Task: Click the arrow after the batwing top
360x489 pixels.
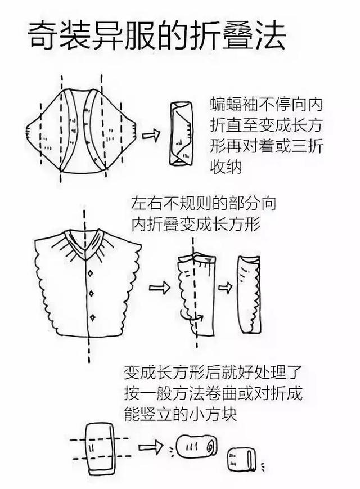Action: [x=151, y=135]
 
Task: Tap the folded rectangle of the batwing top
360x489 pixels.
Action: [x=181, y=134]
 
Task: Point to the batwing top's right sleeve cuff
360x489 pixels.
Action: [x=134, y=131]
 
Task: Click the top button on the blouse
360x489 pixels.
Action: [x=90, y=273]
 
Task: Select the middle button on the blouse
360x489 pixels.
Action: [x=91, y=294]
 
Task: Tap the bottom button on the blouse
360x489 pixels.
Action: [x=92, y=318]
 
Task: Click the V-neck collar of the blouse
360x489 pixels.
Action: [x=84, y=240]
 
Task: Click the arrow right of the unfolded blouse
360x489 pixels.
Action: [x=160, y=287]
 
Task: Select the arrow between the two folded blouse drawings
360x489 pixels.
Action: [x=225, y=287]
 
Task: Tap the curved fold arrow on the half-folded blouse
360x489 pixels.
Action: [x=192, y=318]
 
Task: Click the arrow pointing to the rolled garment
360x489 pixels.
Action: [x=151, y=447]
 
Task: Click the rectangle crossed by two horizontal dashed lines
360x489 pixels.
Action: [x=100, y=448]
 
